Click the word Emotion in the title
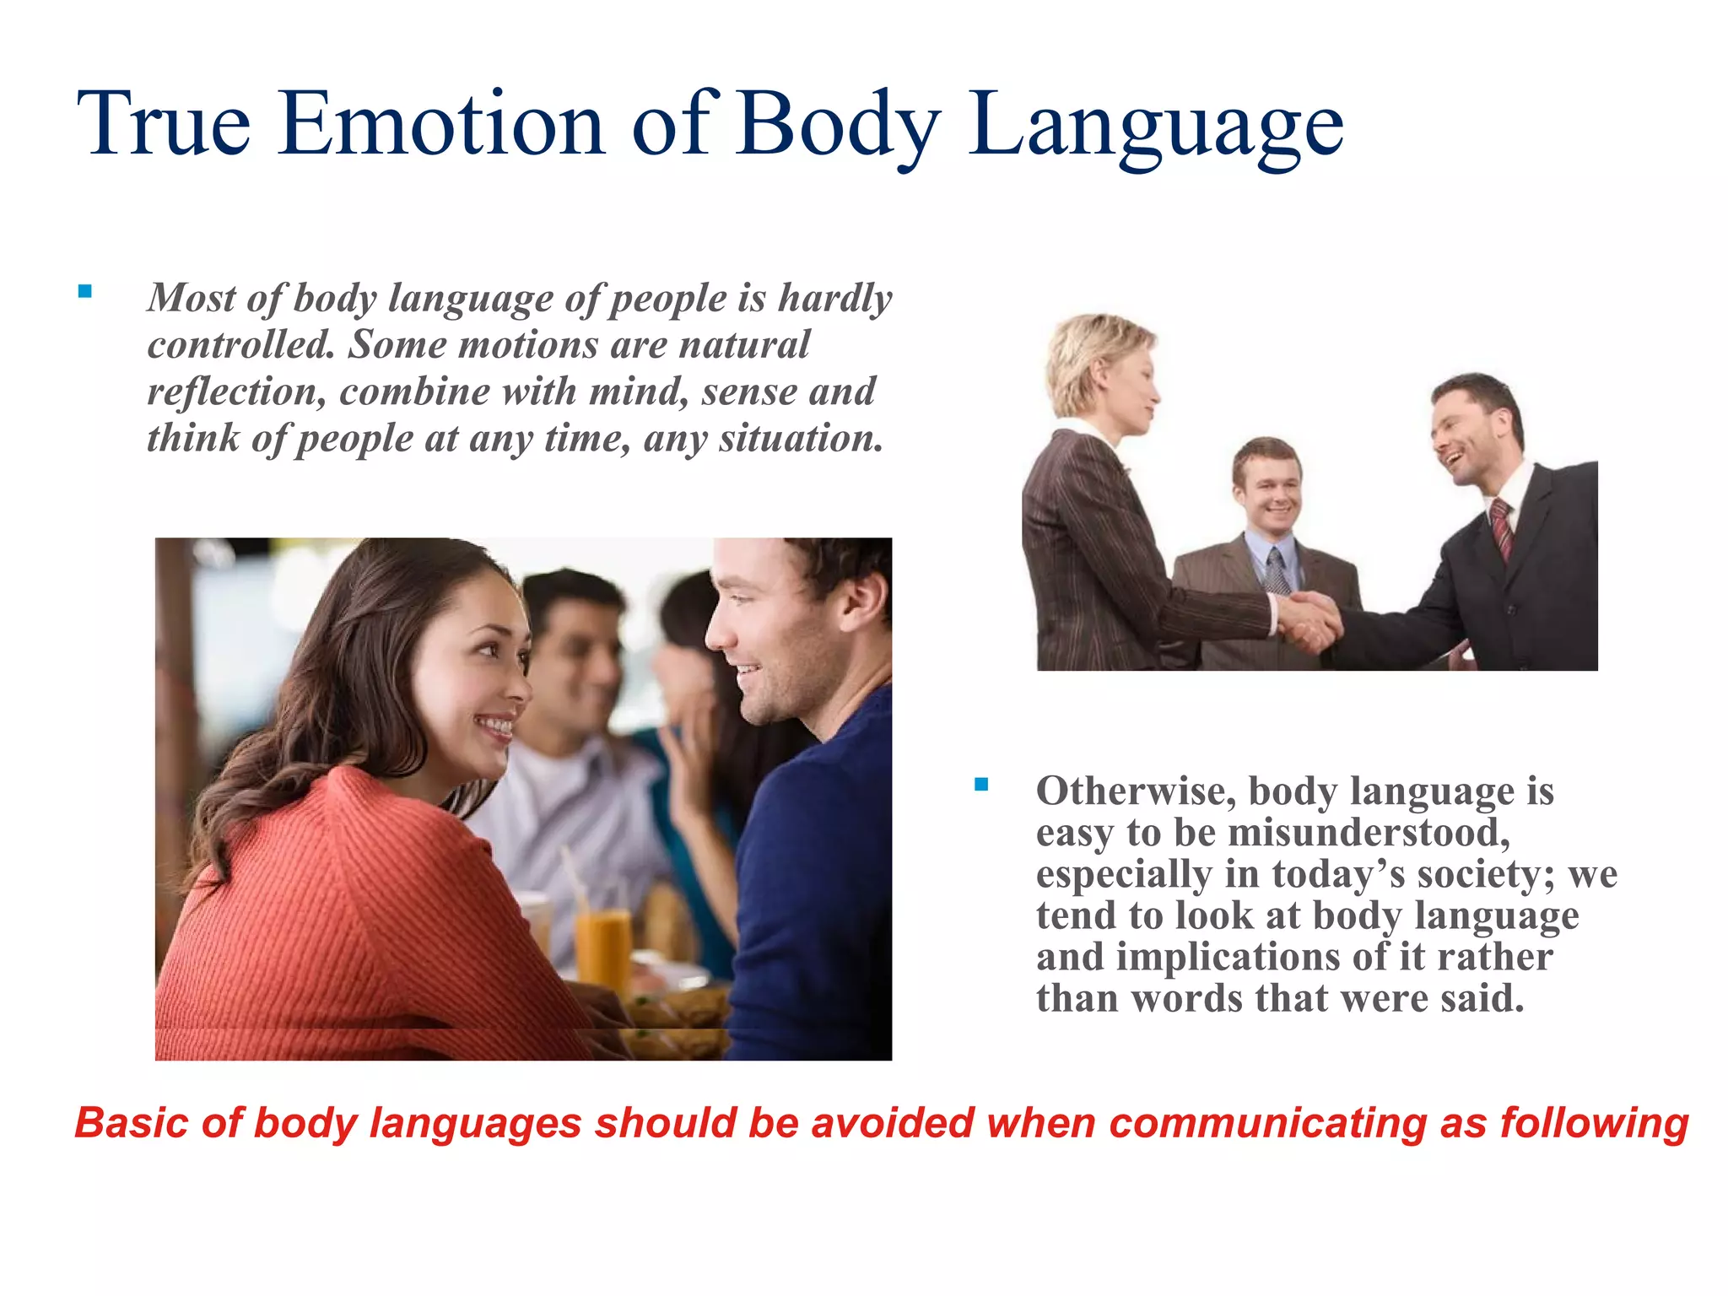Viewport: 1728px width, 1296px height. (441, 124)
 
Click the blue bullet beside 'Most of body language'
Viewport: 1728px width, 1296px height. (84, 292)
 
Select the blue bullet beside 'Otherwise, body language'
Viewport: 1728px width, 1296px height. (980, 785)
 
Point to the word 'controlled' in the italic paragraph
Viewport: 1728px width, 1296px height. (240, 344)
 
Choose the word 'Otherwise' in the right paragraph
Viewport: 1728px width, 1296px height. (1136, 791)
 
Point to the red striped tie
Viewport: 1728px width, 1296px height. (1502, 527)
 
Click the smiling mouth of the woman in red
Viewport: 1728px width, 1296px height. (495, 726)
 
